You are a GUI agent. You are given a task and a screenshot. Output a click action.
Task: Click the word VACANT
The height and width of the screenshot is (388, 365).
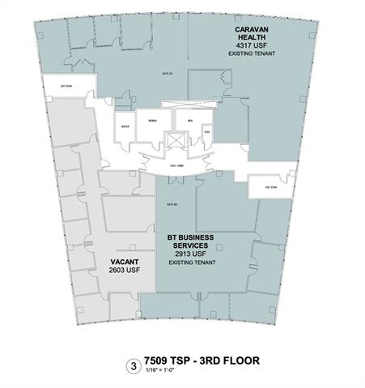tap(124, 262)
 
